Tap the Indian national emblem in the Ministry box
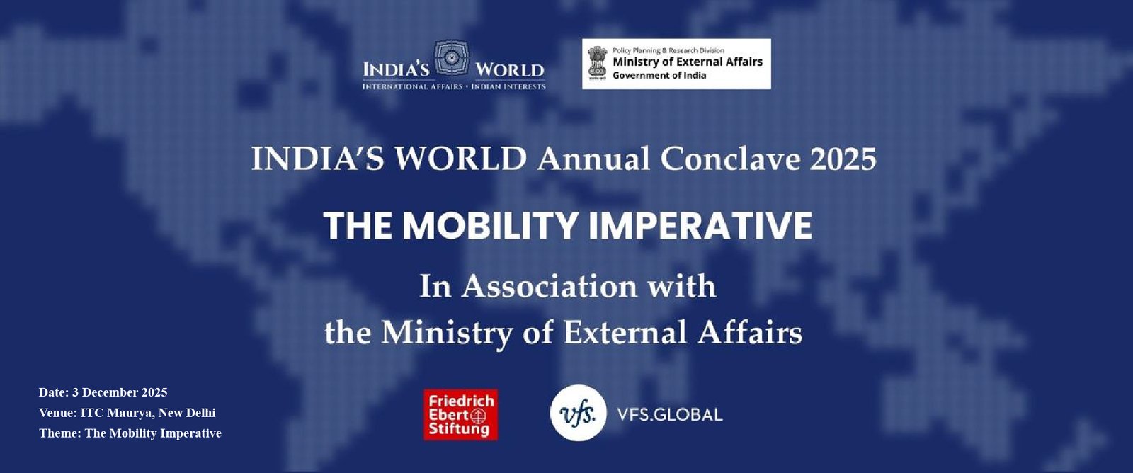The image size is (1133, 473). [596, 63]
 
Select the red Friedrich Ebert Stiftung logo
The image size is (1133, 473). [460, 414]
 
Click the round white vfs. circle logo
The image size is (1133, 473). [579, 413]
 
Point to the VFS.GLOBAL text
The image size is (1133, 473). [669, 414]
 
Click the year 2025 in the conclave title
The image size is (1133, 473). [843, 159]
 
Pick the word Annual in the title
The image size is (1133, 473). [593, 159]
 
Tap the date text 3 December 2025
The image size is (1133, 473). [120, 392]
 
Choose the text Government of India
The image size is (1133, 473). [659, 76]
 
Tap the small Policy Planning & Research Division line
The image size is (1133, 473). [668, 50]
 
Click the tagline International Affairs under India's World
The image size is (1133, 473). [411, 86]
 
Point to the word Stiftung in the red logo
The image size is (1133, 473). [459, 429]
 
